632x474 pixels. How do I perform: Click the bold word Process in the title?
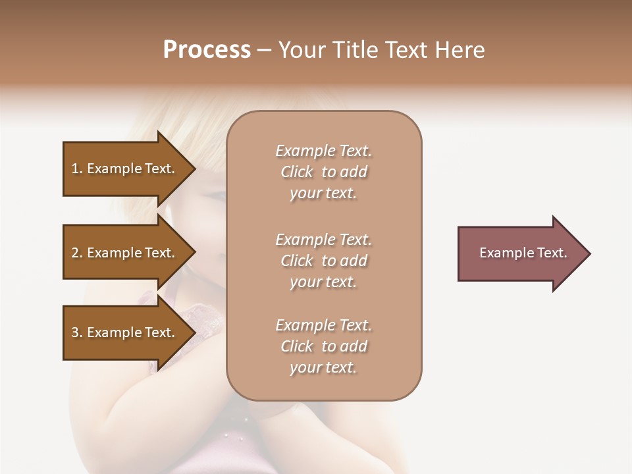click(207, 50)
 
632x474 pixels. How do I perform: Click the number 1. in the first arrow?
click(77, 169)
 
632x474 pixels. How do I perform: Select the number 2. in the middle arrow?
click(77, 253)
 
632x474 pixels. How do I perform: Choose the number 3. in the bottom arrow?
click(77, 332)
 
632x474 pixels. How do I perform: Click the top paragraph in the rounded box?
click(323, 172)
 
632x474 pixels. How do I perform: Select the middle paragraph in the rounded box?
click(323, 261)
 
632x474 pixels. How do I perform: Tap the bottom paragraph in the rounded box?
click(323, 346)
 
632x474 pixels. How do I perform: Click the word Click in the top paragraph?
click(297, 172)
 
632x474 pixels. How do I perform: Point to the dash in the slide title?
click(264, 50)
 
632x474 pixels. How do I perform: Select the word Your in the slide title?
click(300, 50)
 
